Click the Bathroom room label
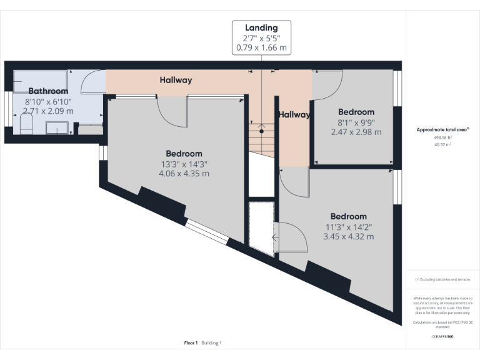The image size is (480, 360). click(x=48, y=91)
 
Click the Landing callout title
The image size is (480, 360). click(x=261, y=28)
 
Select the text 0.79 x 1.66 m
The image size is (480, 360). click(x=261, y=47)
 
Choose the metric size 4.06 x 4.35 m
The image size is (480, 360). click(x=184, y=173)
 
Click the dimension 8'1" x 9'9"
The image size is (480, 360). click(x=356, y=122)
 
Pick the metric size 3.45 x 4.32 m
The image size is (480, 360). click(x=348, y=237)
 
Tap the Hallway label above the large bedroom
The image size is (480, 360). click(x=176, y=80)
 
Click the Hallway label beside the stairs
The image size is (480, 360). click(x=294, y=115)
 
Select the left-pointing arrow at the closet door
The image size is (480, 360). click(x=276, y=237)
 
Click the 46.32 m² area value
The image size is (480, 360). click(x=442, y=144)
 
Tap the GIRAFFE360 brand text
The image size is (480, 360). click(x=442, y=337)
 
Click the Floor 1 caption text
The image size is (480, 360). click(x=191, y=342)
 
